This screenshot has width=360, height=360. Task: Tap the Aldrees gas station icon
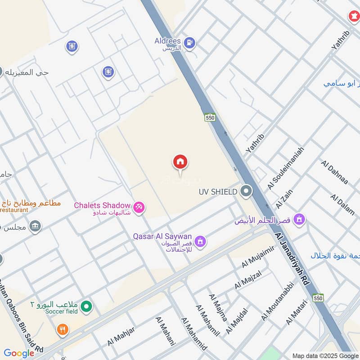coord(190,42)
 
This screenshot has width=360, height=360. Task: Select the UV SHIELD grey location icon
coord(246,192)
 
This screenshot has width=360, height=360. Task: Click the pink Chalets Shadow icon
coord(139,207)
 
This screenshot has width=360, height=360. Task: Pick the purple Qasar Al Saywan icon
coord(200,242)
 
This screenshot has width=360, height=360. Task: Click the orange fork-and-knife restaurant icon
coord(63,330)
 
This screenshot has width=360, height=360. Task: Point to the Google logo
coord(19,353)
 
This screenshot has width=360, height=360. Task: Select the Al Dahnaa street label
coord(335,171)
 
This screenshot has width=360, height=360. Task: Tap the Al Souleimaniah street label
coord(285,167)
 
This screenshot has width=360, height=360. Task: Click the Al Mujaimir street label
coord(258,257)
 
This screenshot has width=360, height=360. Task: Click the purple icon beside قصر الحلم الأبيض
coord(298,220)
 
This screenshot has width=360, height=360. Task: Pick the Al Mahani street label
coord(165,331)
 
